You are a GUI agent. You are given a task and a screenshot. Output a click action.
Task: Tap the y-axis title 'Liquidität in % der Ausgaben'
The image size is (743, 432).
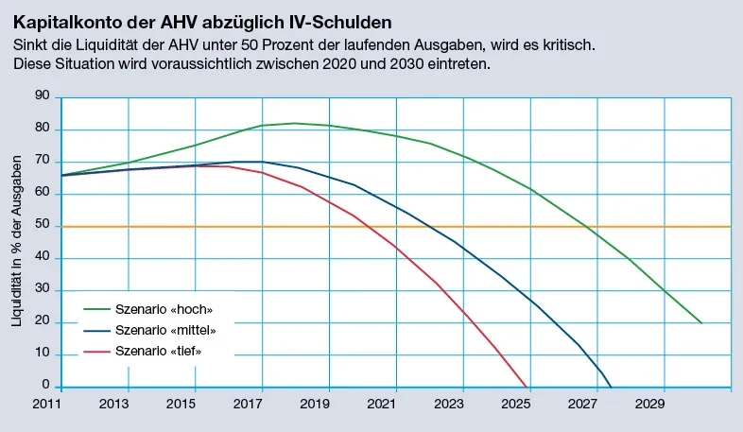click(x=17, y=242)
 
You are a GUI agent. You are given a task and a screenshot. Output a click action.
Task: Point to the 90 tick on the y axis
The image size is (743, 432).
click(x=41, y=96)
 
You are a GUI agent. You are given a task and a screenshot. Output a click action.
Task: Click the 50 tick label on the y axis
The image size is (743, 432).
click(x=41, y=226)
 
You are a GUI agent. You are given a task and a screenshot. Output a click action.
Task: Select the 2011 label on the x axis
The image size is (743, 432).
click(x=47, y=405)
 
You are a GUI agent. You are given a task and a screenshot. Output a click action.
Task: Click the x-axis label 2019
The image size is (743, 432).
click(x=329, y=405)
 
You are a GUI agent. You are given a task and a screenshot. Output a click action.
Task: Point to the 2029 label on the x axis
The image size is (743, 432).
click(x=664, y=405)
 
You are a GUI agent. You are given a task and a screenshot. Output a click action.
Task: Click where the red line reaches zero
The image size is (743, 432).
click(x=526, y=387)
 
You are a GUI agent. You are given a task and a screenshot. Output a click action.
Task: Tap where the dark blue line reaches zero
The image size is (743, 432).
click(x=612, y=387)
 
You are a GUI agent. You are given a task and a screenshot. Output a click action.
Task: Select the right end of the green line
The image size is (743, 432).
click(x=701, y=323)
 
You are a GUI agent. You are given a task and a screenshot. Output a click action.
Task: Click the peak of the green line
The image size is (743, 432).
click(x=295, y=123)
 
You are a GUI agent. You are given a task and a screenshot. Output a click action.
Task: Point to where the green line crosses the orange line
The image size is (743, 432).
click(x=588, y=227)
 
